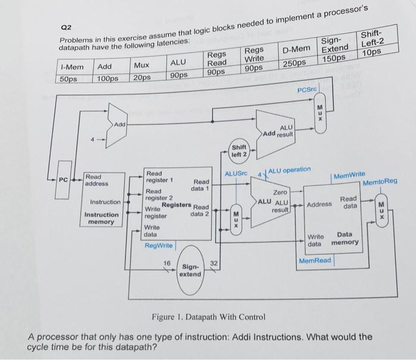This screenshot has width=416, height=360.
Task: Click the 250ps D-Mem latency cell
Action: (294, 62)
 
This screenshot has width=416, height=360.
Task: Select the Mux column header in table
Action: (141, 65)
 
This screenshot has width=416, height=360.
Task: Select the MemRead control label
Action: (315, 261)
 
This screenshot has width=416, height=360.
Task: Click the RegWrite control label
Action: (158, 245)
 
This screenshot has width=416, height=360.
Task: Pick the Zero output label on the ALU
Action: (279, 192)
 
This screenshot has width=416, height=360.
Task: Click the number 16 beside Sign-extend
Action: (168, 262)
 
